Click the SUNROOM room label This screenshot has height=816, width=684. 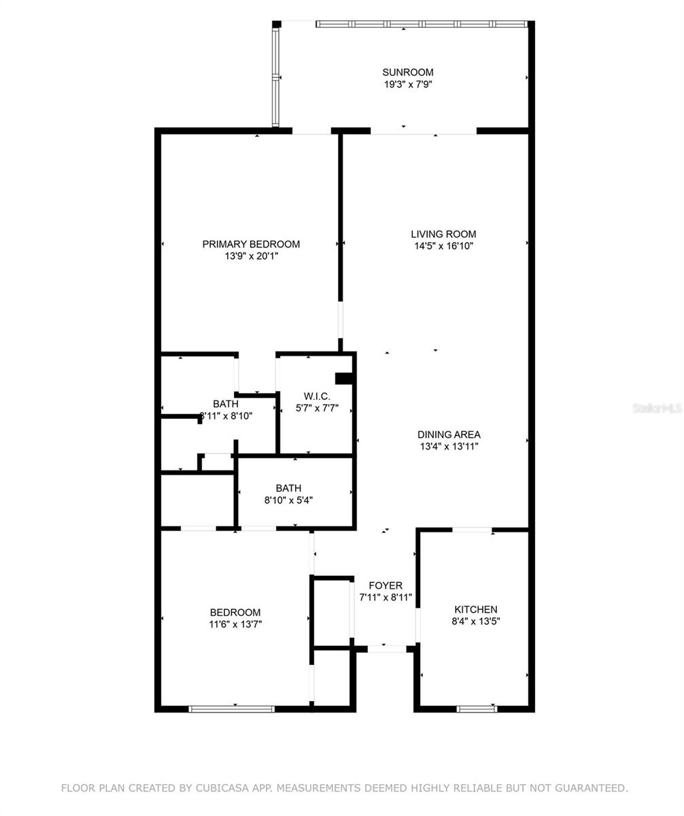coord(407,72)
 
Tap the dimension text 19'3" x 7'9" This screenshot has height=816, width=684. coord(407,84)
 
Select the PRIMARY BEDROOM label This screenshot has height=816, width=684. coord(251,244)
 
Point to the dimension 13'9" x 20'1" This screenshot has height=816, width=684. coord(251,256)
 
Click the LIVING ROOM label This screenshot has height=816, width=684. coord(445,234)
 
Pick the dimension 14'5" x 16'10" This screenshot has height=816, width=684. coord(445,246)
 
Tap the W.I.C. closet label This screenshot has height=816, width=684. coord(317,396)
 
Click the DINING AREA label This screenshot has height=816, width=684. coord(449,435)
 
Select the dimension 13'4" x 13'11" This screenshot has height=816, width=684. coord(449,447)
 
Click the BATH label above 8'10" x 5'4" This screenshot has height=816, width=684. coord(288,488)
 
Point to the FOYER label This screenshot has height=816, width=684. coord(386,585)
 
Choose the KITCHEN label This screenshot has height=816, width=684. coord(475,609)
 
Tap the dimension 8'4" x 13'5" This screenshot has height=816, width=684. coord(475,622)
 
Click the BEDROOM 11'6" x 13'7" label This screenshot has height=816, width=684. coord(235,613)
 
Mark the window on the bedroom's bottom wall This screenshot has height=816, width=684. coord(232,709)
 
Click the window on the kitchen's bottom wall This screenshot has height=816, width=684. coord(477,709)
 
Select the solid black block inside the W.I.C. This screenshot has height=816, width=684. coord(345,379)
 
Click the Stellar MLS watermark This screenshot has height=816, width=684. coord(657,408)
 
